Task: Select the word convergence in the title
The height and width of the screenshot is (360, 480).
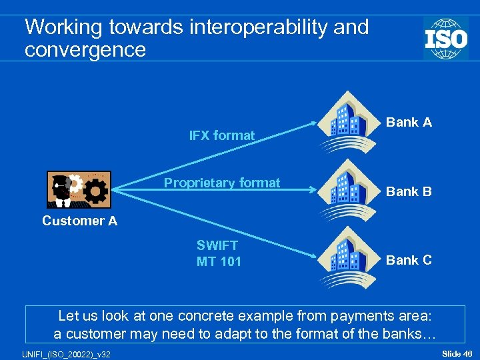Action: click(85, 50)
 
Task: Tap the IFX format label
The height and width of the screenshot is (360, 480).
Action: click(222, 135)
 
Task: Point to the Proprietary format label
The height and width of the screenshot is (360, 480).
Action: click(222, 183)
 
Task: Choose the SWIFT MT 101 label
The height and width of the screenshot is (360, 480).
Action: click(218, 253)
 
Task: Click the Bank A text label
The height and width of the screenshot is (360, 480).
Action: click(409, 122)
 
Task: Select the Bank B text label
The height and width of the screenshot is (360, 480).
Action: click(409, 191)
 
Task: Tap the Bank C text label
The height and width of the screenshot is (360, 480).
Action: click(409, 260)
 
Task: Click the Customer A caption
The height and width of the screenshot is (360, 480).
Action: click(79, 221)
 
